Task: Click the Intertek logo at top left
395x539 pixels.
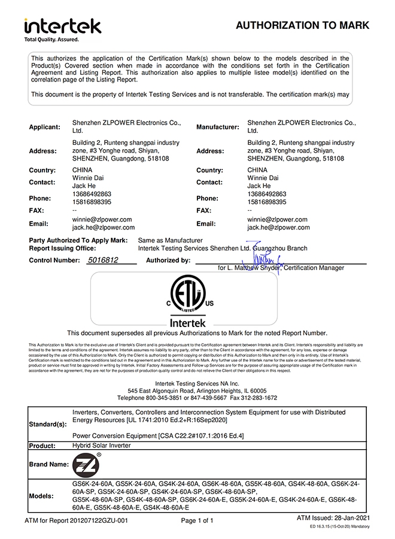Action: coord(62,26)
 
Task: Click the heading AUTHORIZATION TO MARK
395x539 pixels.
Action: coord(302,25)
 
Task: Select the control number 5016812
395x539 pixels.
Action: coord(103,260)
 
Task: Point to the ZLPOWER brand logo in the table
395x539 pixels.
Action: coord(86,464)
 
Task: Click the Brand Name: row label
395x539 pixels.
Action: coord(49,464)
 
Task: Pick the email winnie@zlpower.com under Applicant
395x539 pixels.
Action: coord(102,220)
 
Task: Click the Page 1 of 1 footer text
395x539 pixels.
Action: coord(197,520)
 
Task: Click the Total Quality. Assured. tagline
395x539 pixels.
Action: coord(51,40)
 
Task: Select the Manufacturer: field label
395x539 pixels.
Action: coord(218,126)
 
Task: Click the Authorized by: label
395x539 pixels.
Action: coord(168,261)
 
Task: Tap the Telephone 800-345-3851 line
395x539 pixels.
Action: coord(197,398)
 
